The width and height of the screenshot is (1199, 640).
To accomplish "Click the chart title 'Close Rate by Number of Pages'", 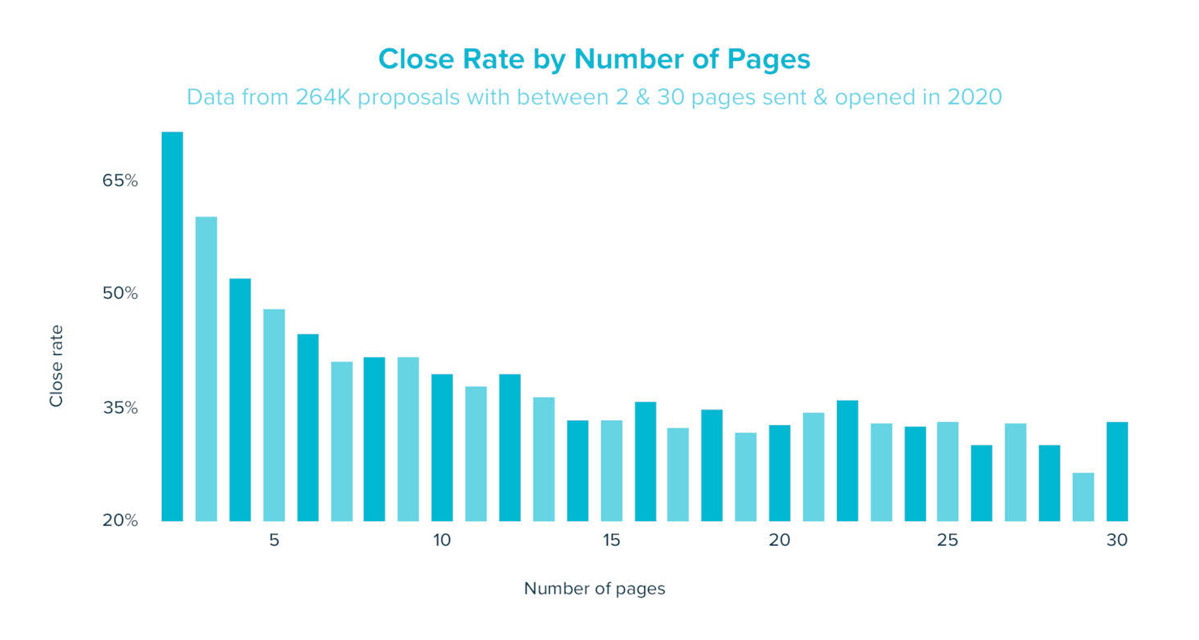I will [595, 59].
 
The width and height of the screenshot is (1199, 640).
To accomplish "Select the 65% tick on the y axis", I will [120, 181].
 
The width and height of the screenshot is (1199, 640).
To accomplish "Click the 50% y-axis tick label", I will [120, 293].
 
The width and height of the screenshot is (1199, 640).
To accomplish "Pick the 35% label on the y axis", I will [120, 408].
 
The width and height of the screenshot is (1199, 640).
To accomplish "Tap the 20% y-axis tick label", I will [120, 520].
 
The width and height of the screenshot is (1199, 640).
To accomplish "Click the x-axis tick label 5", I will [274, 541].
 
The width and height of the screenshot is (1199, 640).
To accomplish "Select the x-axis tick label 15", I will [612, 541].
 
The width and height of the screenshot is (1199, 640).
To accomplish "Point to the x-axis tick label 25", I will [948, 541].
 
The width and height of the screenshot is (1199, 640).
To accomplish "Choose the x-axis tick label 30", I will [1117, 541].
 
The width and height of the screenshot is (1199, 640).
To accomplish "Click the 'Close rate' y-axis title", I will [56, 366].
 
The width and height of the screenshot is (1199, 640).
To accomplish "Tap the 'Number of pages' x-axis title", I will [595, 589].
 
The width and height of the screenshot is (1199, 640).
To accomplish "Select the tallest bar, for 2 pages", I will [172, 326].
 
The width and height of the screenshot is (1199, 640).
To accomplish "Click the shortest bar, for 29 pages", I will [1083, 497].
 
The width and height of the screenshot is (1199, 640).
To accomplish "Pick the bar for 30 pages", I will [1117, 471].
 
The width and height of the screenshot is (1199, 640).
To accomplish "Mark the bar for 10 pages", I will [442, 447].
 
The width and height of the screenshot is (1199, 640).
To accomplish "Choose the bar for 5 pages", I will [274, 415].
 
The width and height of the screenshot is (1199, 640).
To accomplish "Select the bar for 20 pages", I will [779, 473].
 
